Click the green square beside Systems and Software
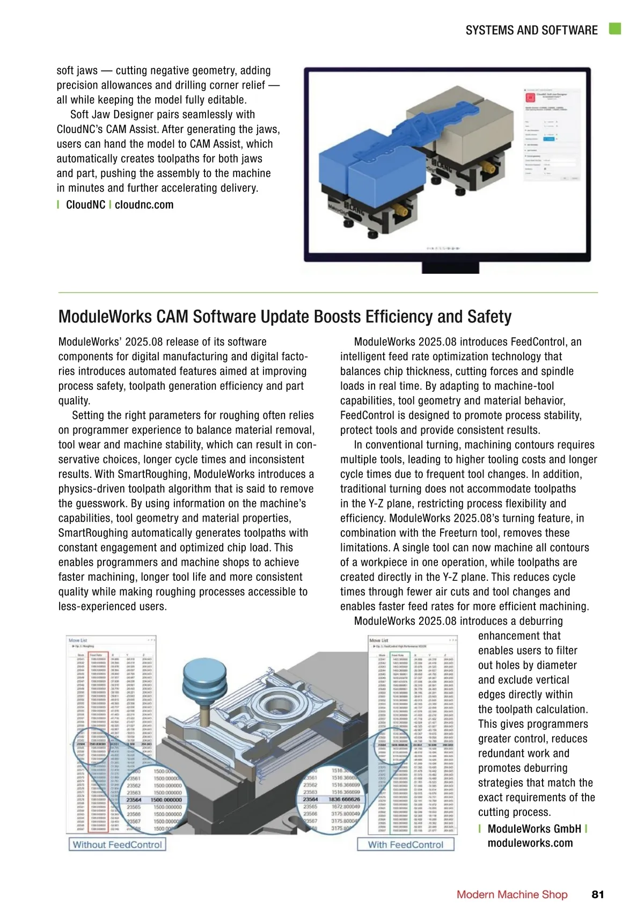(x=615, y=29)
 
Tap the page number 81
(x=597, y=894)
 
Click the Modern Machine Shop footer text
(x=512, y=894)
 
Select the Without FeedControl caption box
(x=117, y=844)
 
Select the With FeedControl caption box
(x=406, y=844)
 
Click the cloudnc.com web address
(x=144, y=205)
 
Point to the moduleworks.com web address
(x=530, y=843)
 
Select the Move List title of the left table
(x=78, y=640)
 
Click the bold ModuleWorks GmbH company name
(x=534, y=829)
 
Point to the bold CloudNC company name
(x=85, y=205)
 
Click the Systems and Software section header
(x=531, y=30)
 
